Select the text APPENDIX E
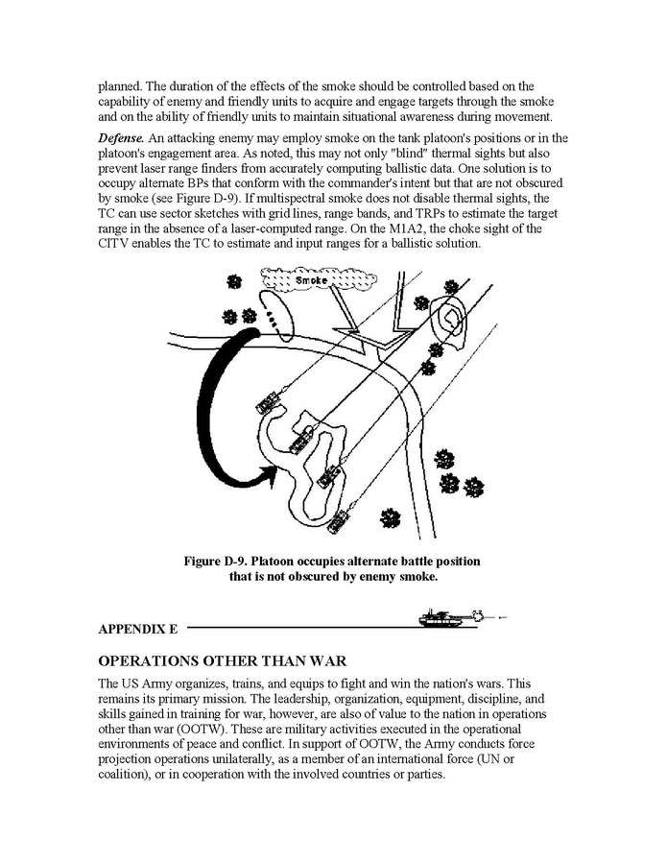point(138,630)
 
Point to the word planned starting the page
point(119,86)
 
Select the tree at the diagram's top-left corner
point(233,281)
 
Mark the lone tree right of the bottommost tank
point(390,516)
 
